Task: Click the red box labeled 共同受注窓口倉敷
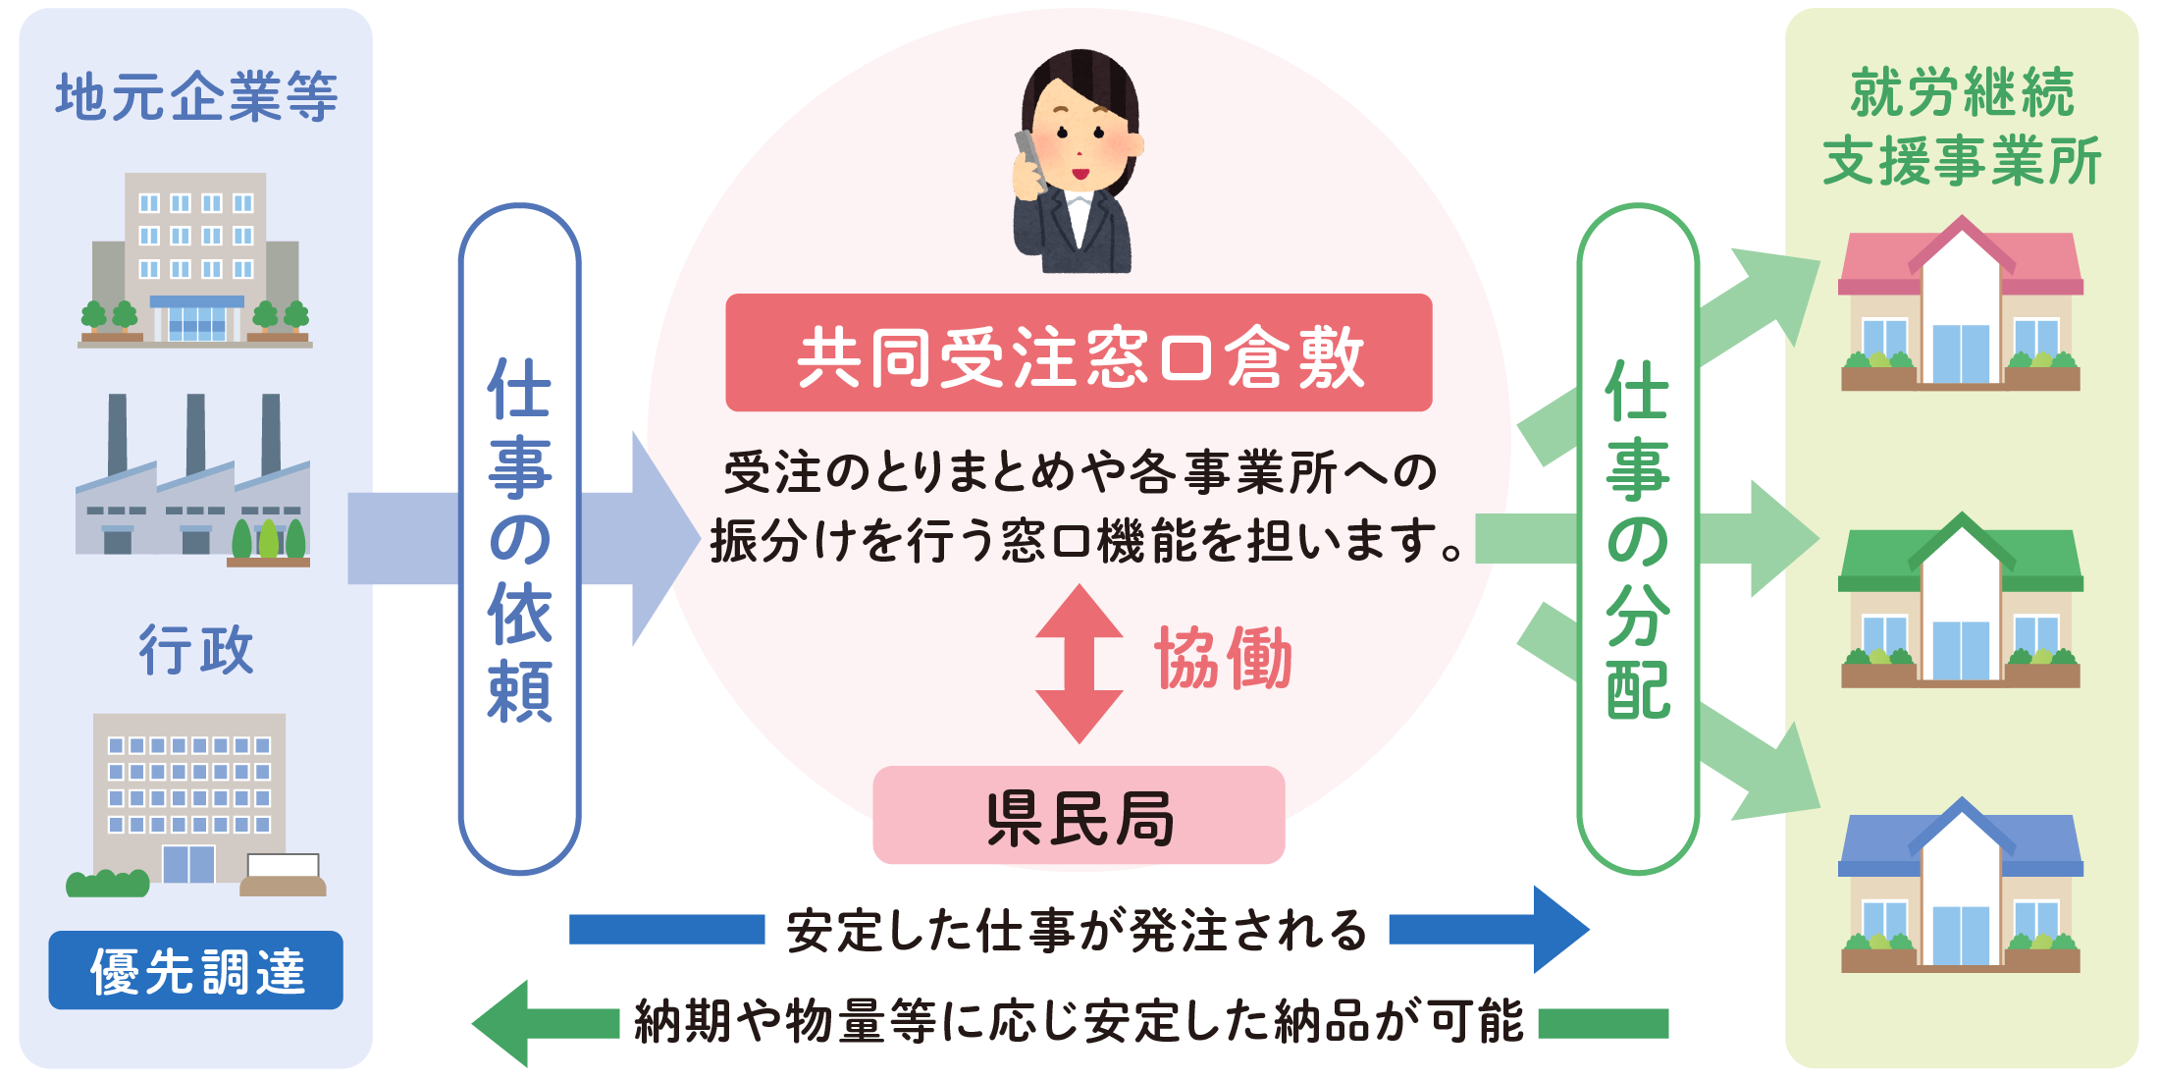point(1078,352)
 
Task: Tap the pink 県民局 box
point(1078,815)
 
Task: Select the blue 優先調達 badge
point(195,970)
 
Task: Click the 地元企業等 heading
point(195,96)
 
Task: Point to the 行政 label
point(195,649)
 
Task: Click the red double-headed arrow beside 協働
point(1079,664)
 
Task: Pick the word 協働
point(1223,659)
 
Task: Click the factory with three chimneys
point(193,481)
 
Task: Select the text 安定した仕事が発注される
point(1077,930)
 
